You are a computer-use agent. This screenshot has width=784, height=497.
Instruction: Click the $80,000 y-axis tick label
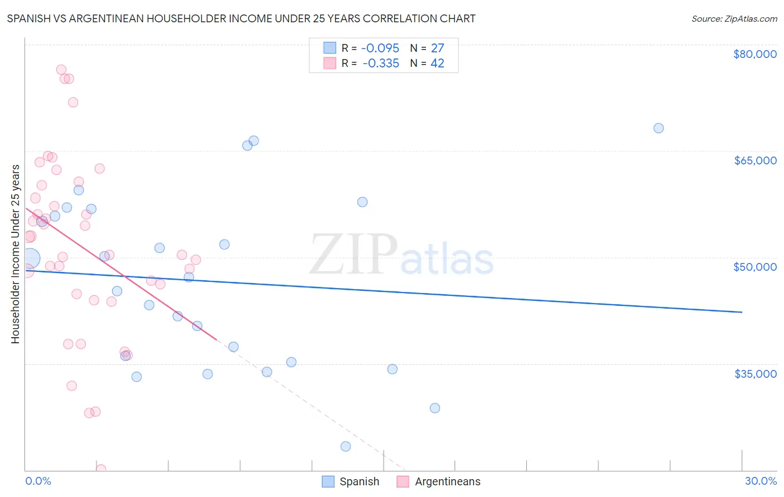(x=754, y=54)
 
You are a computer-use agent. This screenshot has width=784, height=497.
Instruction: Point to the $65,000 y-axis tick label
(x=754, y=160)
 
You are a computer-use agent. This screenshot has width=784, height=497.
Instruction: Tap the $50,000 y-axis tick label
(x=754, y=267)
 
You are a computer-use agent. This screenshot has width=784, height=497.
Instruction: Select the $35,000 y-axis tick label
(x=754, y=373)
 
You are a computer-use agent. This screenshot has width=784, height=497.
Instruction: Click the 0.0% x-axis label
(x=38, y=481)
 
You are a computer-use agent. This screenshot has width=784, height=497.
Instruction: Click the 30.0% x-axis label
(x=761, y=481)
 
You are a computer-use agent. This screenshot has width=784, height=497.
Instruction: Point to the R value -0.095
(x=380, y=48)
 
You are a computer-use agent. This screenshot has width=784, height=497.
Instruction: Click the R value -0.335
(x=380, y=64)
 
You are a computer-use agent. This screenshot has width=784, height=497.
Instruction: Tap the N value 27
(x=437, y=48)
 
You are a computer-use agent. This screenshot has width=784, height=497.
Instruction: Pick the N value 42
(x=437, y=64)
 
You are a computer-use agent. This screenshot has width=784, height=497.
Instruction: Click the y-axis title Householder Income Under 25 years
(x=16, y=254)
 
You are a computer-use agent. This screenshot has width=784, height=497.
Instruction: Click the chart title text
(x=241, y=18)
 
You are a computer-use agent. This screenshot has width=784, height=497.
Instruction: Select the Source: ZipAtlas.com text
(x=734, y=19)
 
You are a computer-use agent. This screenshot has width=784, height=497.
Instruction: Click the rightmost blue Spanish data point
(x=659, y=128)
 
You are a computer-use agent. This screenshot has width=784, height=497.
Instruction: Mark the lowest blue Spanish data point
(x=346, y=446)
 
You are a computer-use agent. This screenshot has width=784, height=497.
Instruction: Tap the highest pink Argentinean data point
(x=61, y=70)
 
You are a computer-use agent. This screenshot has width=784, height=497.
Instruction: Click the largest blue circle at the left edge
(x=30, y=259)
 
